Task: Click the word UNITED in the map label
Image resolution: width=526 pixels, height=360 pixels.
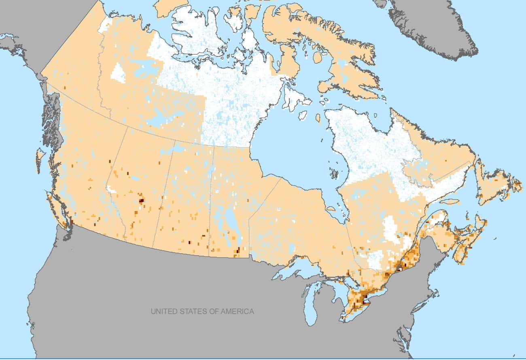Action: click(164, 311)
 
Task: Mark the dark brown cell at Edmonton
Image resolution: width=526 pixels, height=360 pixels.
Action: click(141, 200)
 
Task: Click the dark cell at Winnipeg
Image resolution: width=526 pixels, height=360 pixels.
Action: click(238, 250)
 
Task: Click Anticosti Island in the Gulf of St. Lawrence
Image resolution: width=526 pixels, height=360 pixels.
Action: click(449, 201)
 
